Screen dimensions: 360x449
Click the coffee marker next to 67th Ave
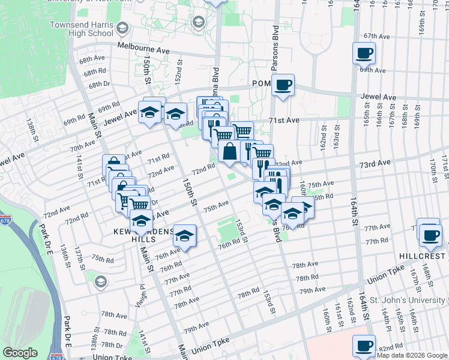(x=364, y=54)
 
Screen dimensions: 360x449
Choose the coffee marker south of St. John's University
(x=364, y=346)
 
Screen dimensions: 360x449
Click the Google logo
(x=20, y=353)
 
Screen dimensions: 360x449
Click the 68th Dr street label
(x=99, y=85)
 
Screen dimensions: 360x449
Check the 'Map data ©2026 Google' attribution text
(x=411, y=355)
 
